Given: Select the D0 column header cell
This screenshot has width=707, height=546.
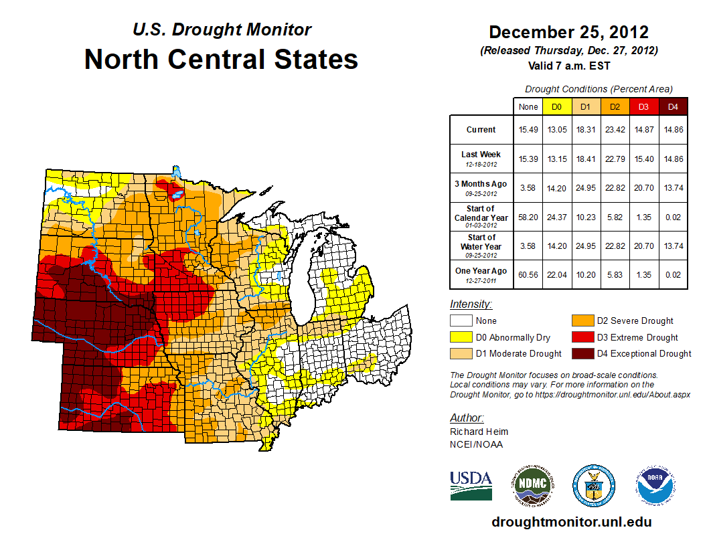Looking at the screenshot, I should click(x=556, y=106).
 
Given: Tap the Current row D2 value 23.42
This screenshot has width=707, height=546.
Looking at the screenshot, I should click(x=615, y=130).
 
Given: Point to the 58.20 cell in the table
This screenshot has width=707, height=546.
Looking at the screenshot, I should click(x=528, y=217).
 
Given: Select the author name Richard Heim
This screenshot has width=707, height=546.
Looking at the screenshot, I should click(x=479, y=432).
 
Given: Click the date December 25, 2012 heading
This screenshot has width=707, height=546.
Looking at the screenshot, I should click(x=568, y=32).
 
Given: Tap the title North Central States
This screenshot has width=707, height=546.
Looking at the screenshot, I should click(x=221, y=59).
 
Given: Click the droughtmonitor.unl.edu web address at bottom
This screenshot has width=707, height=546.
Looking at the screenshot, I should click(x=571, y=522).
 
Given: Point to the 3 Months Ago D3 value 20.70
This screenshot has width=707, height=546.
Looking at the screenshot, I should click(x=643, y=188).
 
